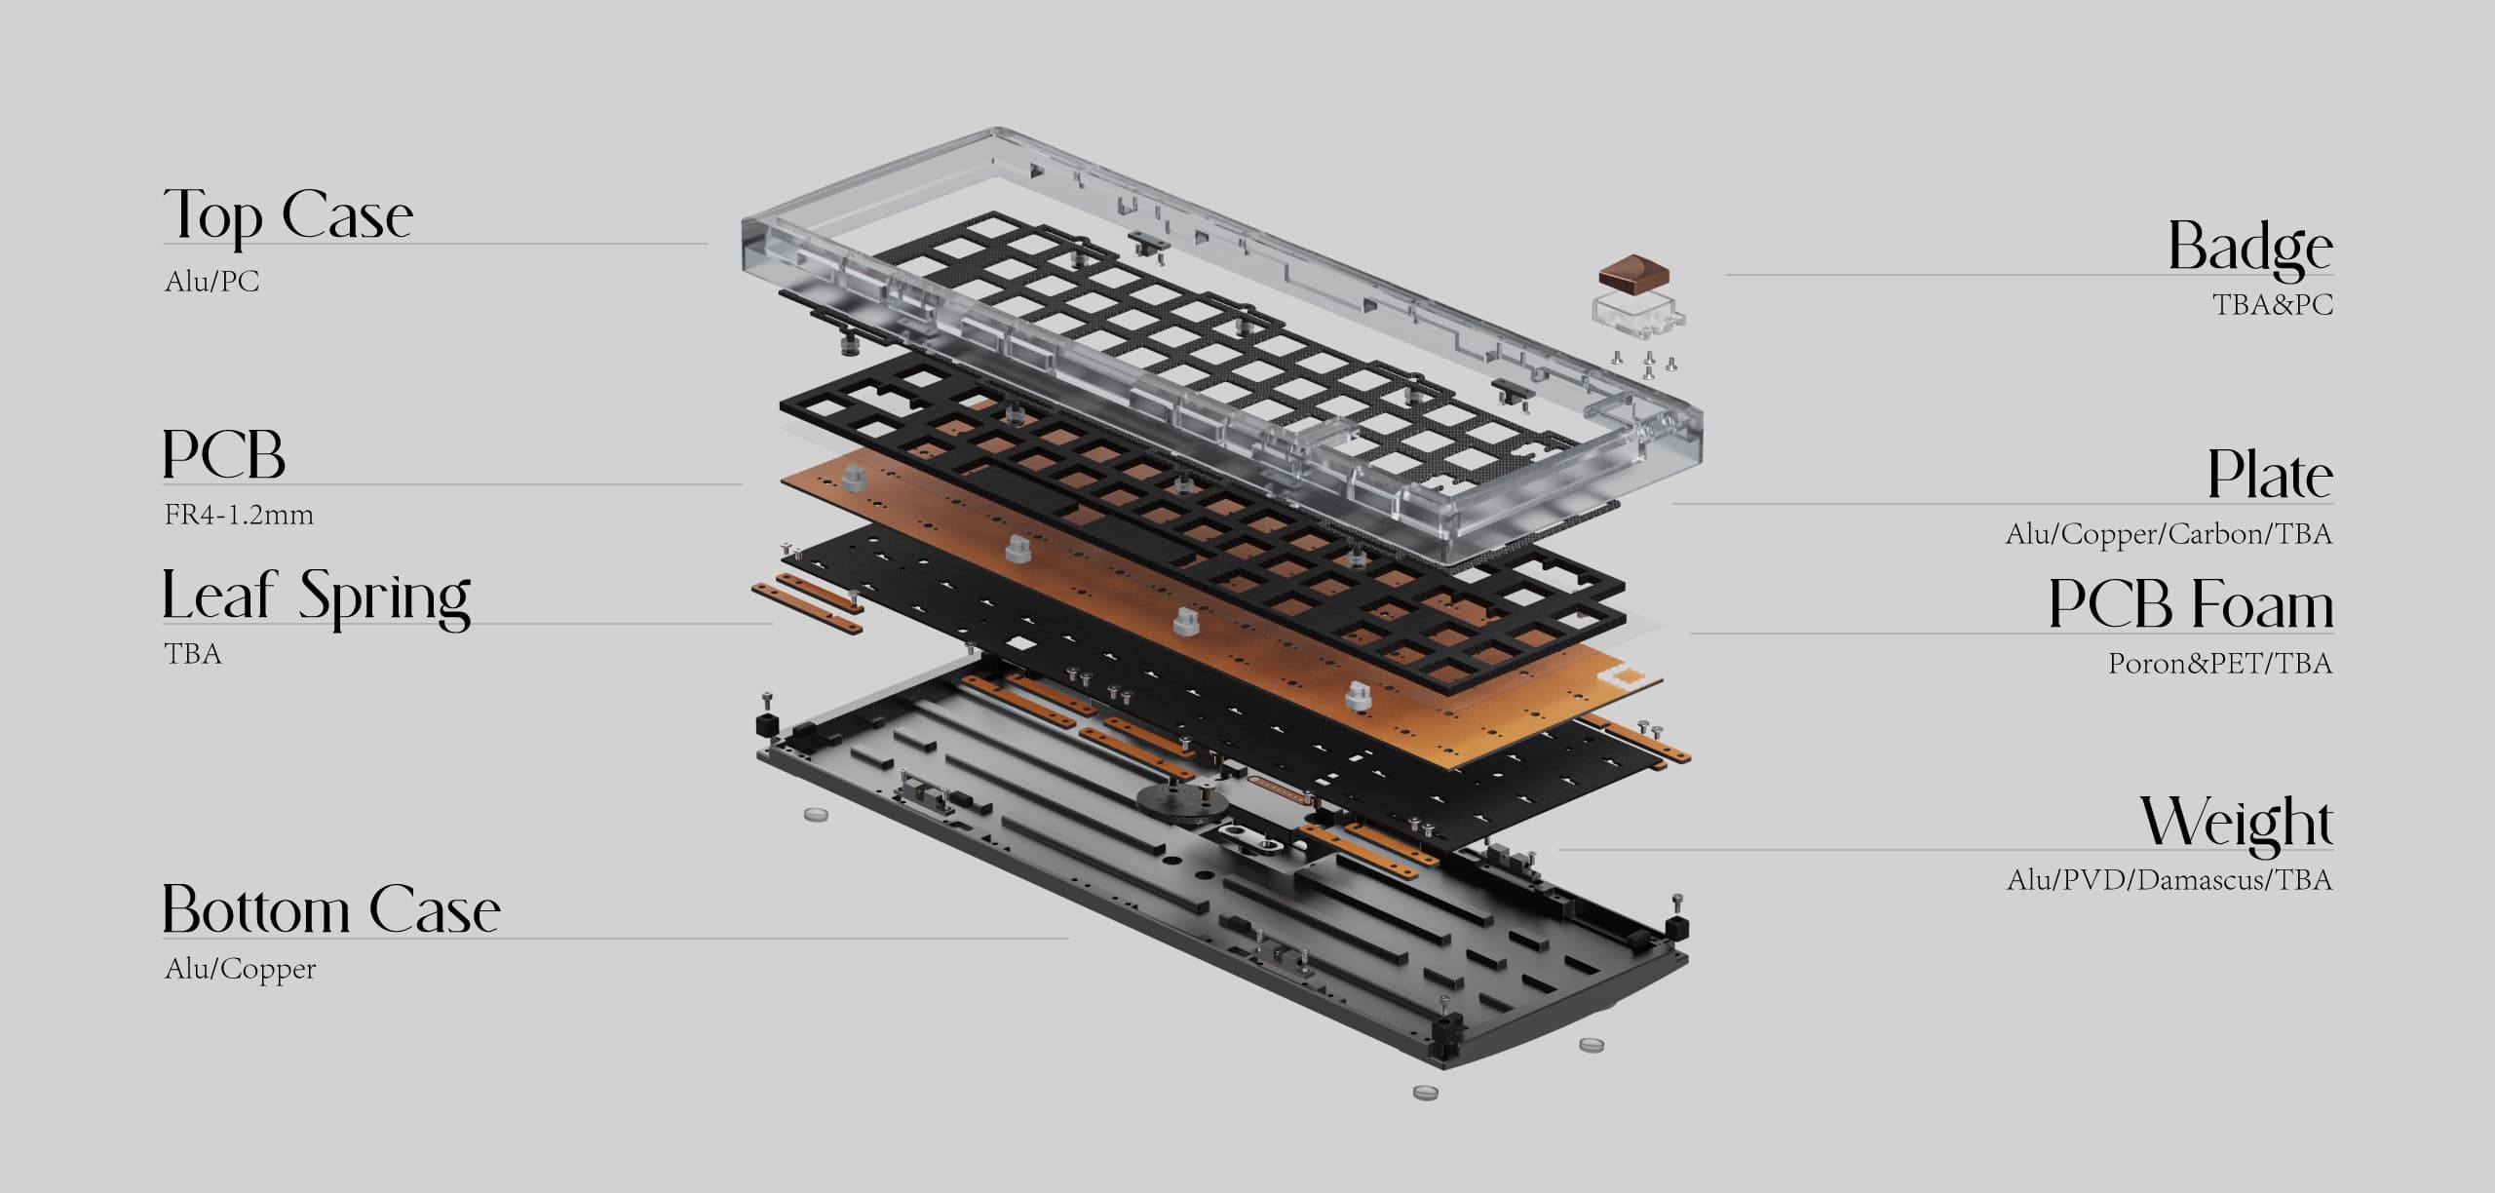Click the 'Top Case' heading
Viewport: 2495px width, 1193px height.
point(288,215)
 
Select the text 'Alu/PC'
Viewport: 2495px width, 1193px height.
point(212,282)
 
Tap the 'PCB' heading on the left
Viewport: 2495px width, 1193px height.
point(223,454)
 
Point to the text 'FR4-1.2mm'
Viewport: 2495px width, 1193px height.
point(239,515)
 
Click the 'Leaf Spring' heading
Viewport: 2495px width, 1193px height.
point(316,596)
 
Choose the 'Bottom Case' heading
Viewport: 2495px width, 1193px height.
point(330,910)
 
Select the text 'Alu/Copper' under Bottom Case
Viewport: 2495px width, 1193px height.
point(241,969)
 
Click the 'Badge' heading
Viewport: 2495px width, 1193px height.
point(2249,248)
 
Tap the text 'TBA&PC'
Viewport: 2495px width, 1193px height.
point(2272,305)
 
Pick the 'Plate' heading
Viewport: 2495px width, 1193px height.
point(2270,476)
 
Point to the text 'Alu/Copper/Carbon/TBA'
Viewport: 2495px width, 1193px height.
point(2169,534)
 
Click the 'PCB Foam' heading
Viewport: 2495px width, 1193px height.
point(2190,604)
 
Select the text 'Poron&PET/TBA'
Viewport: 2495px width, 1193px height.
point(2220,664)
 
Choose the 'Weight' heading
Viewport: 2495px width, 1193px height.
point(2237,823)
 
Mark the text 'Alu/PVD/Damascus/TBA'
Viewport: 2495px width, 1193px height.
point(2169,880)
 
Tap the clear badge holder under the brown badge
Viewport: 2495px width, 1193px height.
point(1639,313)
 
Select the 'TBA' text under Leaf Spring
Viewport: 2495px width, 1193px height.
point(193,653)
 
